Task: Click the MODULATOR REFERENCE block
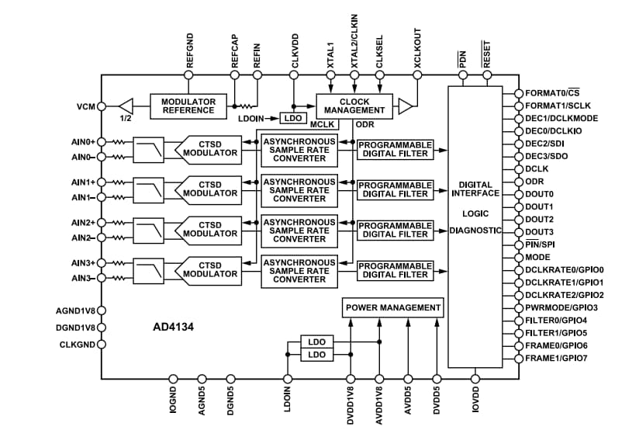click(188, 106)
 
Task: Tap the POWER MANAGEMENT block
click(393, 307)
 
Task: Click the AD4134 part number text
click(174, 328)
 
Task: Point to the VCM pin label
click(85, 106)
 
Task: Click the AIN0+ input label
click(83, 142)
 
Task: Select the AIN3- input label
click(83, 278)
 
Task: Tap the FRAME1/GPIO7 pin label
click(556, 358)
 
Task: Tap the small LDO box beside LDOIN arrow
click(292, 118)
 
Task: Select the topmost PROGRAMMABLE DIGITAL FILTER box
click(395, 148)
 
